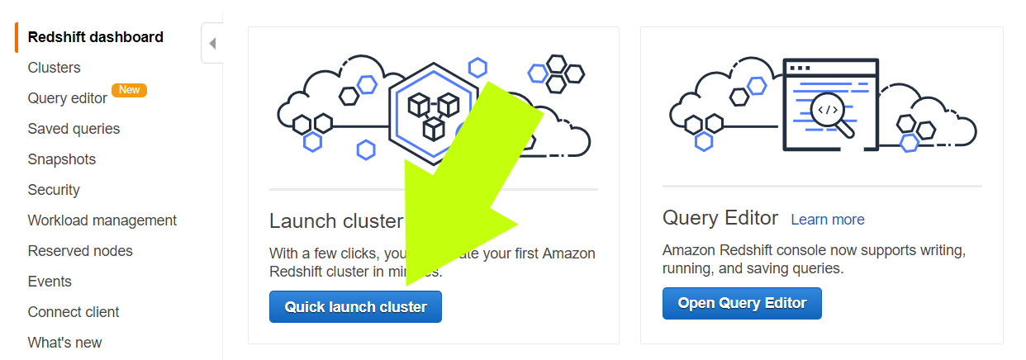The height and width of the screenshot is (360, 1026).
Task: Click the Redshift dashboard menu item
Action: click(95, 37)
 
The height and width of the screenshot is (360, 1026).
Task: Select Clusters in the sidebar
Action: click(54, 68)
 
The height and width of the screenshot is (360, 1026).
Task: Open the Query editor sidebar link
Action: click(67, 98)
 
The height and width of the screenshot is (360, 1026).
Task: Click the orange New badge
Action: click(129, 90)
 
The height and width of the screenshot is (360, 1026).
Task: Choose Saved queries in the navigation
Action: click(74, 129)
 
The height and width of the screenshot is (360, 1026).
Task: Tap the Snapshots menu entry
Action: click(61, 159)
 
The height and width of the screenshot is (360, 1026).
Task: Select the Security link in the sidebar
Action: click(54, 190)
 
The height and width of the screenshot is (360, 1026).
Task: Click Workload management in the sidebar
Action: click(102, 220)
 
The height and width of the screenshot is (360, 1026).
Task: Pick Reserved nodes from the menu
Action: click(80, 251)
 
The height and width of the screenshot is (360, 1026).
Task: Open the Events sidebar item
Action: click(50, 282)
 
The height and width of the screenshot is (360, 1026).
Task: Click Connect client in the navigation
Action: click(74, 312)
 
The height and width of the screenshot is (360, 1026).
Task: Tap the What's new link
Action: click(64, 343)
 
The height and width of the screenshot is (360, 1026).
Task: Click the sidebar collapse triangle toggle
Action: click(212, 44)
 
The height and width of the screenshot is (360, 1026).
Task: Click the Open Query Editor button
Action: click(742, 303)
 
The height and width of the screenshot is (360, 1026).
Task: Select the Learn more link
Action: click(827, 220)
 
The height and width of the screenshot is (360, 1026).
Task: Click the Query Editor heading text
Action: click(720, 218)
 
